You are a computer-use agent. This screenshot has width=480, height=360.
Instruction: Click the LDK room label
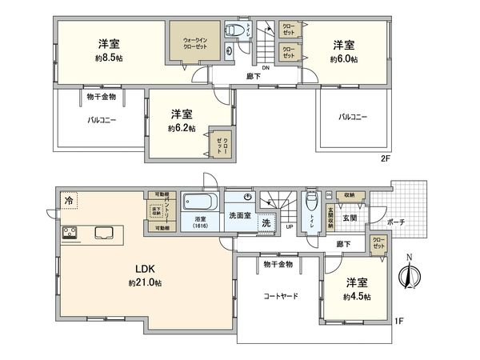144,270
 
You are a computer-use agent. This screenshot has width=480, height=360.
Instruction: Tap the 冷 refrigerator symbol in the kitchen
70,201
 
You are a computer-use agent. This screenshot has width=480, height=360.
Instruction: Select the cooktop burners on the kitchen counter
70,234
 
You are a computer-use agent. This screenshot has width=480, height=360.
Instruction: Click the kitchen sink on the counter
105,234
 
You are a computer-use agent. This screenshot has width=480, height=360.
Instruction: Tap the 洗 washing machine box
266,223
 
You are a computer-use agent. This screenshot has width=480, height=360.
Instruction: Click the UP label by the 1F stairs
289,226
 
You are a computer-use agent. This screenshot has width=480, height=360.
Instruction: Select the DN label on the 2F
267,68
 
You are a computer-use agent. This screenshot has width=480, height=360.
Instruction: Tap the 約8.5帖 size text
110,58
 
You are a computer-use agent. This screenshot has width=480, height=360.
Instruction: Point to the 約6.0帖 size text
343,59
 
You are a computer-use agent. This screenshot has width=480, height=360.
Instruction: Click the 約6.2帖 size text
182,128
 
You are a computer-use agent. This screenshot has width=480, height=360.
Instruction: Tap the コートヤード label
282,295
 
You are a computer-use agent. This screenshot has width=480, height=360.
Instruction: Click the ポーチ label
394,222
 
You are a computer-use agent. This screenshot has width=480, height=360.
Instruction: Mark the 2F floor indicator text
386,158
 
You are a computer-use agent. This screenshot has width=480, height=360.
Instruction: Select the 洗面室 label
239,215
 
